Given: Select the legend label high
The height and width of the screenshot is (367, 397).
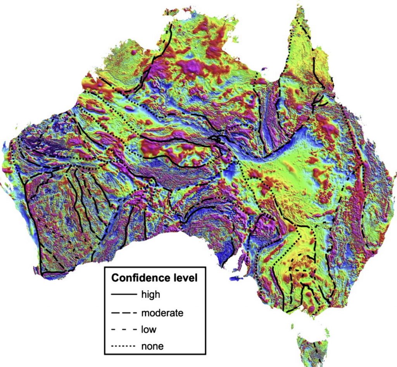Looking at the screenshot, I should tap(150, 294).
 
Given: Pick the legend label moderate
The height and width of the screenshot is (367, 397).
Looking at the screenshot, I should tap(162, 312).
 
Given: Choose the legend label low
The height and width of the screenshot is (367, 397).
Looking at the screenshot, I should tap(148, 329).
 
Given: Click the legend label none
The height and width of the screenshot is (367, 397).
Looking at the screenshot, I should tap(152, 346).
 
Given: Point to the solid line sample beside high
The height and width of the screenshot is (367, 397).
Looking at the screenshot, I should tap(124, 295).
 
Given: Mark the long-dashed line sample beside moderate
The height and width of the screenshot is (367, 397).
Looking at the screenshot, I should tap(124, 312).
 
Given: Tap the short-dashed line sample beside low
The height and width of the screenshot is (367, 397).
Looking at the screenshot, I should tap(124, 330).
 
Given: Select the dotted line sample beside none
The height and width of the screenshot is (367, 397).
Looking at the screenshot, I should tap(124, 346).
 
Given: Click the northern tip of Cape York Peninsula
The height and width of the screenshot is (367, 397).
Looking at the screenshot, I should tap(299, 8).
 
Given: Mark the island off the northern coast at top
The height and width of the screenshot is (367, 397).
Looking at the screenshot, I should tap(171, 12).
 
